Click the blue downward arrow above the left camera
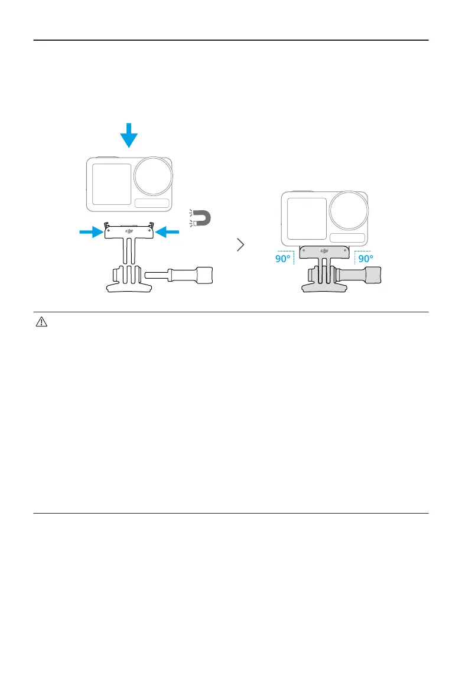tap(128, 138)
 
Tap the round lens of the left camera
tap(153, 176)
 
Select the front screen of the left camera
tap(111, 184)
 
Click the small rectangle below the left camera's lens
tap(152, 204)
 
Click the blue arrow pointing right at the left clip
tap(91, 233)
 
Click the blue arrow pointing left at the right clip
tap(167, 233)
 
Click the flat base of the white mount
tap(129, 288)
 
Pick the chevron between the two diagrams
tap(240, 245)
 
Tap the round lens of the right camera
tap(349, 210)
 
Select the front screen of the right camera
tap(307, 218)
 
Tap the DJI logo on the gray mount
tap(324, 251)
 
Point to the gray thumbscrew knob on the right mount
tap(374, 275)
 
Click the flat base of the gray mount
tap(324, 288)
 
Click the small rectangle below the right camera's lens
tap(347, 238)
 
